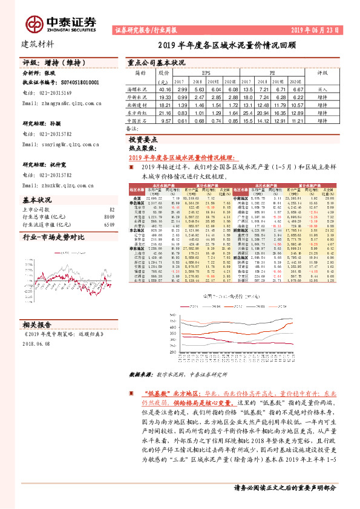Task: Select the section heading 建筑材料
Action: point(38,45)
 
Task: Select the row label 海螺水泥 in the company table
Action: point(140,88)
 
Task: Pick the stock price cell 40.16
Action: point(165,88)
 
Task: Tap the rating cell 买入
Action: point(323,88)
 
